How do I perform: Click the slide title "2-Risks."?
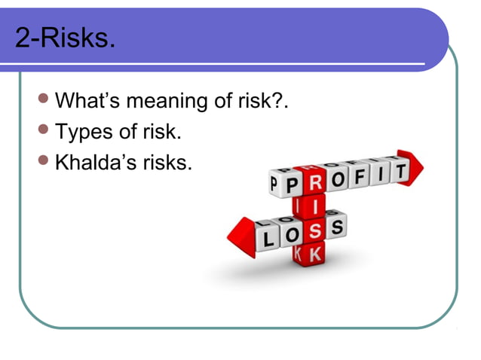[66, 37]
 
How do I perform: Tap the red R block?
[315, 181]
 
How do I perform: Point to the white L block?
[269, 239]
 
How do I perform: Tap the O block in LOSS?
[292, 235]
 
